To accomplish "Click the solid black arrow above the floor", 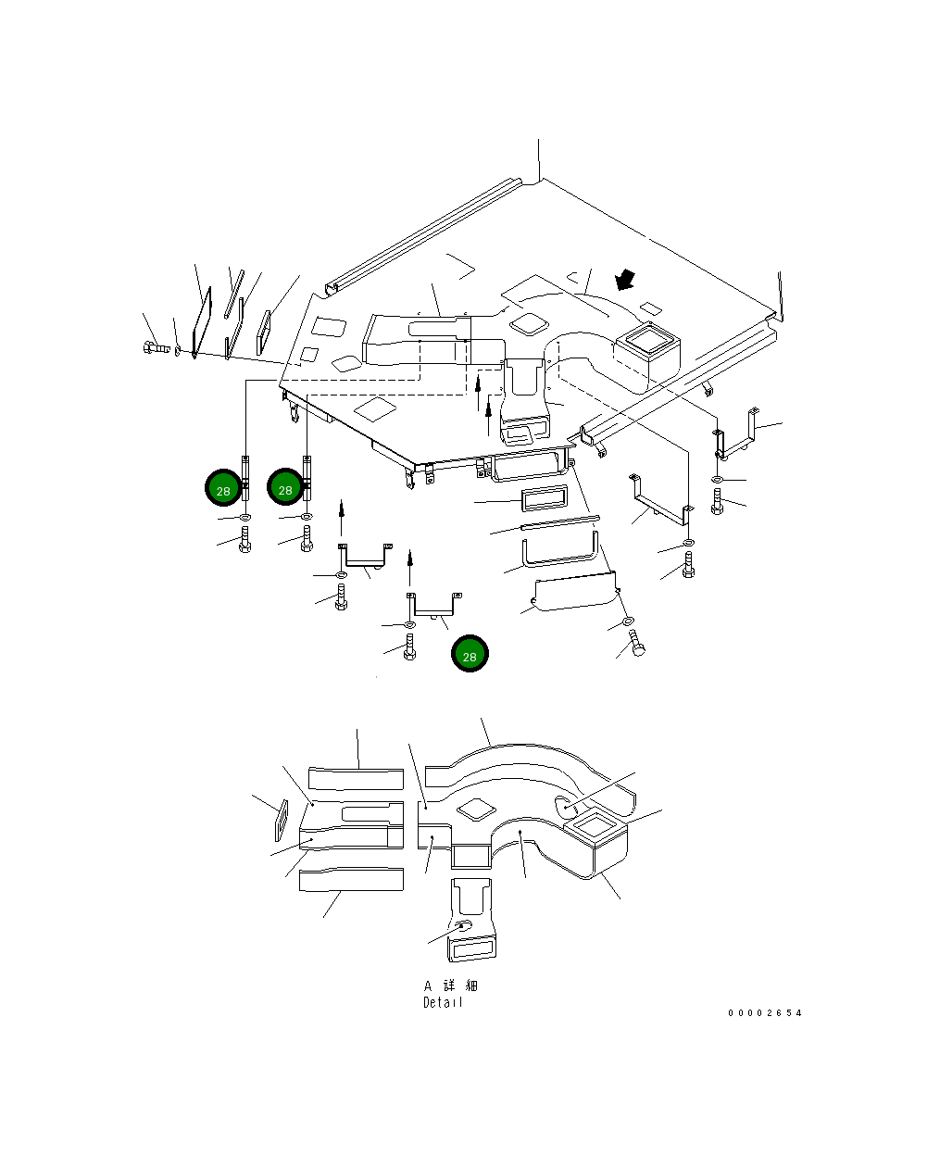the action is coord(624,280).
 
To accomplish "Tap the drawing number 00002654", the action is coord(764,1013).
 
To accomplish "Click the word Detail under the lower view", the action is coord(443,1002).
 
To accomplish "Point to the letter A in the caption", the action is coord(428,986).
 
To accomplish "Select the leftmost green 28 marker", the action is coord(223,487).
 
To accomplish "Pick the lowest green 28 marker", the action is coord(470,653).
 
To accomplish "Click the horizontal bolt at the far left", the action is coord(157,347).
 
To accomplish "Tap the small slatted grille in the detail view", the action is coord(282,821).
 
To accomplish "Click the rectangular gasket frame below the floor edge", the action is coord(545,497).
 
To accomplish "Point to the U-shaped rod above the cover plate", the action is coord(560,552).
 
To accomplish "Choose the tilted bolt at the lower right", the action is coord(636,643).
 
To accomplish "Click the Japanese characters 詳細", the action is coord(460,986).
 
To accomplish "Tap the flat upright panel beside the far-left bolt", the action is coord(202,322).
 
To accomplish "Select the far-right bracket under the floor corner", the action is coord(736,434).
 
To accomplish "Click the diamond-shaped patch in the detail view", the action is coord(477,810).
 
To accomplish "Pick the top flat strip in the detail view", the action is coord(357,779).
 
